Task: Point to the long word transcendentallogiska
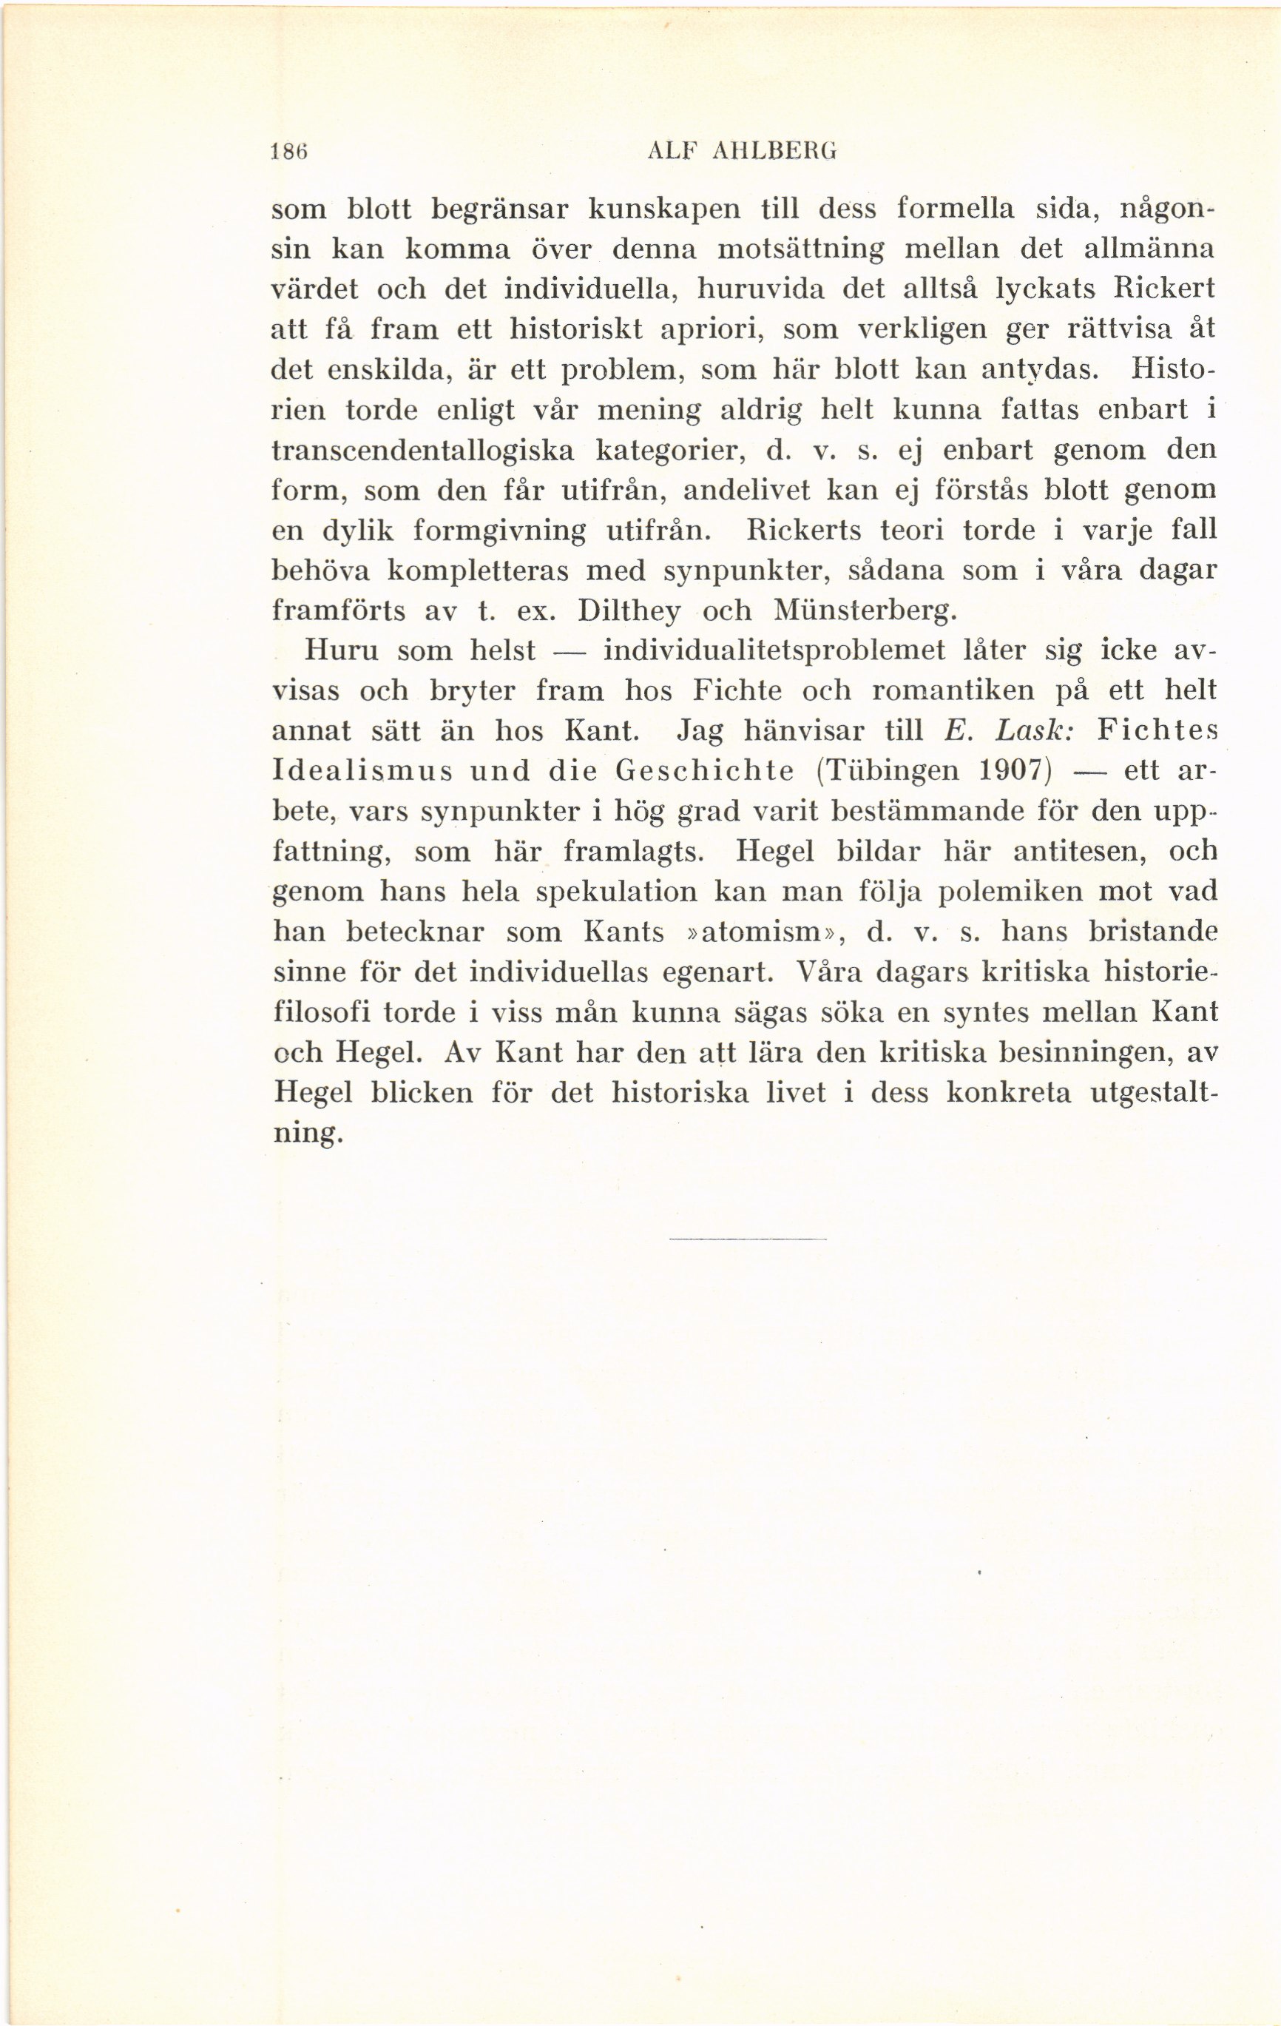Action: (423, 450)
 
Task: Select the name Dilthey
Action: (629, 610)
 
